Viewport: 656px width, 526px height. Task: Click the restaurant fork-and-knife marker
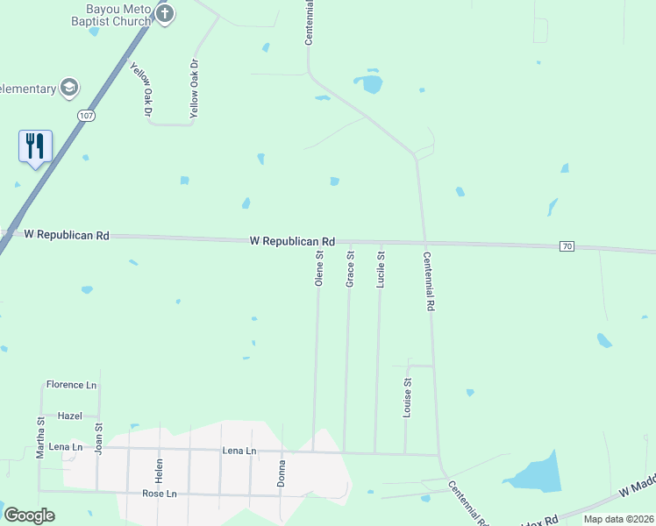click(35, 145)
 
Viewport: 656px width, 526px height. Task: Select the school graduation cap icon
click(68, 88)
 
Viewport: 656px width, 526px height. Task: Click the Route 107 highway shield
click(85, 115)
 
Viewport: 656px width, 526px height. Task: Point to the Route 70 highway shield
click(567, 246)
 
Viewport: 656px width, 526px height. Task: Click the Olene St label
click(319, 269)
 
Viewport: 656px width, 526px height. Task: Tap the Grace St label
click(350, 269)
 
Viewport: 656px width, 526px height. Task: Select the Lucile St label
click(381, 269)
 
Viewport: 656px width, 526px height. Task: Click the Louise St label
click(407, 398)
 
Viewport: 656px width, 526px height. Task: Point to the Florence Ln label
click(71, 385)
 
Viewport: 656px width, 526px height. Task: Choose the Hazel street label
click(69, 416)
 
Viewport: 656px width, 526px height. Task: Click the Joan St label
click(99, 439)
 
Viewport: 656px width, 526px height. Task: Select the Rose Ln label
click(159, 494)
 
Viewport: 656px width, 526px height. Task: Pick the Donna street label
click(282, 473)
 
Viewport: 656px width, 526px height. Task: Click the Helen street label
click(160, 470)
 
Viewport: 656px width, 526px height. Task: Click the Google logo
click(29, 515)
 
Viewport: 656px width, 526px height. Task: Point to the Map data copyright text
click(617, 519)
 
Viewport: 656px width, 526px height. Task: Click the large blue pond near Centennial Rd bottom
click(536, 473)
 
